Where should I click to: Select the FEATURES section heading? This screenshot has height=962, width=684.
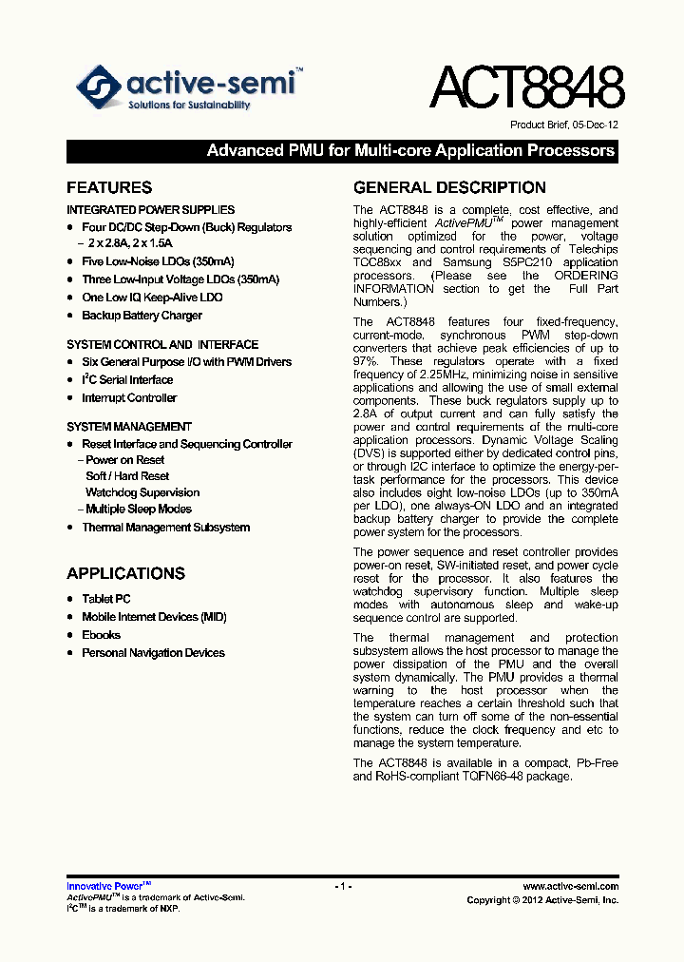pyautogui.click(x=109, y=187)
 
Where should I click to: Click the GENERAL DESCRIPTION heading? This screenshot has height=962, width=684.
pyautogui.click(x=449, y=187)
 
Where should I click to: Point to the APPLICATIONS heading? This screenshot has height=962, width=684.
pyautogui.click(x=125, y=573)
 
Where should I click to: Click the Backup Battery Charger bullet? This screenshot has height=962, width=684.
pyautogui.click(x=142, y=316)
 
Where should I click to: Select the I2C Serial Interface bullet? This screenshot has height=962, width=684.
pyautogui.click(x=126, y=380)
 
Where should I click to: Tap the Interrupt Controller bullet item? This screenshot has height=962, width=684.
pyautogui.click(x=128, y=398)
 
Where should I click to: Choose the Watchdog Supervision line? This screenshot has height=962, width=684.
pyautogui.click(x=142, y=492)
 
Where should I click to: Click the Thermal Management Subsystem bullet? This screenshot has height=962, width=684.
pyautogui.click(x=165, y=528)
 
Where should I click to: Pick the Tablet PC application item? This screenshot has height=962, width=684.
pyautogui.click(x=105, y=599)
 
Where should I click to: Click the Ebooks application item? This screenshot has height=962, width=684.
pyautogui.click(x=101, y=635)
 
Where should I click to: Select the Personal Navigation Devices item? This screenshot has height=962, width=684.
pyautogui.click(x=153, y=653)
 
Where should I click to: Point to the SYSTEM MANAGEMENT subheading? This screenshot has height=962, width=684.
pyautogui.click(x=129, y=427)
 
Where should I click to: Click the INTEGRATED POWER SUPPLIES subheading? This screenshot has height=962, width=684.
pyautogui.click(x=150, y=209)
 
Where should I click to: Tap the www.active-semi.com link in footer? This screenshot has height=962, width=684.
pyautogui.click(x=570, y=886)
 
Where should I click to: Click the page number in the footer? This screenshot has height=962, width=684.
pyautogui.click(x=343, y=886)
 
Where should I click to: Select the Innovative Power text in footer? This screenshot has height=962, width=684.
pyautogui.click(x=103, y=886)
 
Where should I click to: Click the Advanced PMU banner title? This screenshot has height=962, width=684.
pyautogui.click(x=410, y=151)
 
